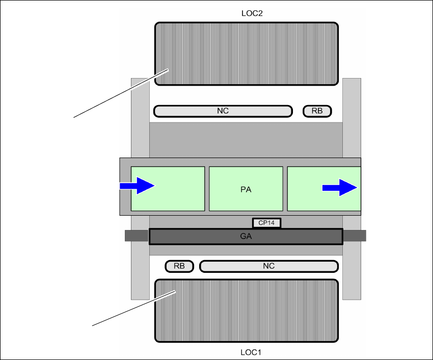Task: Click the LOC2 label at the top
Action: point(252,13)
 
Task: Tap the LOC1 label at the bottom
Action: point(252,352)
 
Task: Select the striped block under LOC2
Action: point(246,54)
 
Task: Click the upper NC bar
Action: point(223,111)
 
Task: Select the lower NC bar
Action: point(268,266)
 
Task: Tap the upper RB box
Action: point(317,111)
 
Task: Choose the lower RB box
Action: point(179,266)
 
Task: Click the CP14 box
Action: point(266,223)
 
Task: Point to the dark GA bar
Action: point(246,237)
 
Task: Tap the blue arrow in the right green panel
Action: point(339,188)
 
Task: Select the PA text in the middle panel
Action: point(246,190)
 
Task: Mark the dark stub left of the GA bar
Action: point(137,236)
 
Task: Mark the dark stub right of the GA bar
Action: point(354,236)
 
